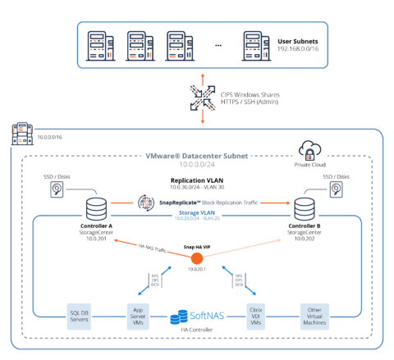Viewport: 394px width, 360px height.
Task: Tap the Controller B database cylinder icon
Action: (305, 205)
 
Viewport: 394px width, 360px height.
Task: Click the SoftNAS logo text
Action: (205, 316)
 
